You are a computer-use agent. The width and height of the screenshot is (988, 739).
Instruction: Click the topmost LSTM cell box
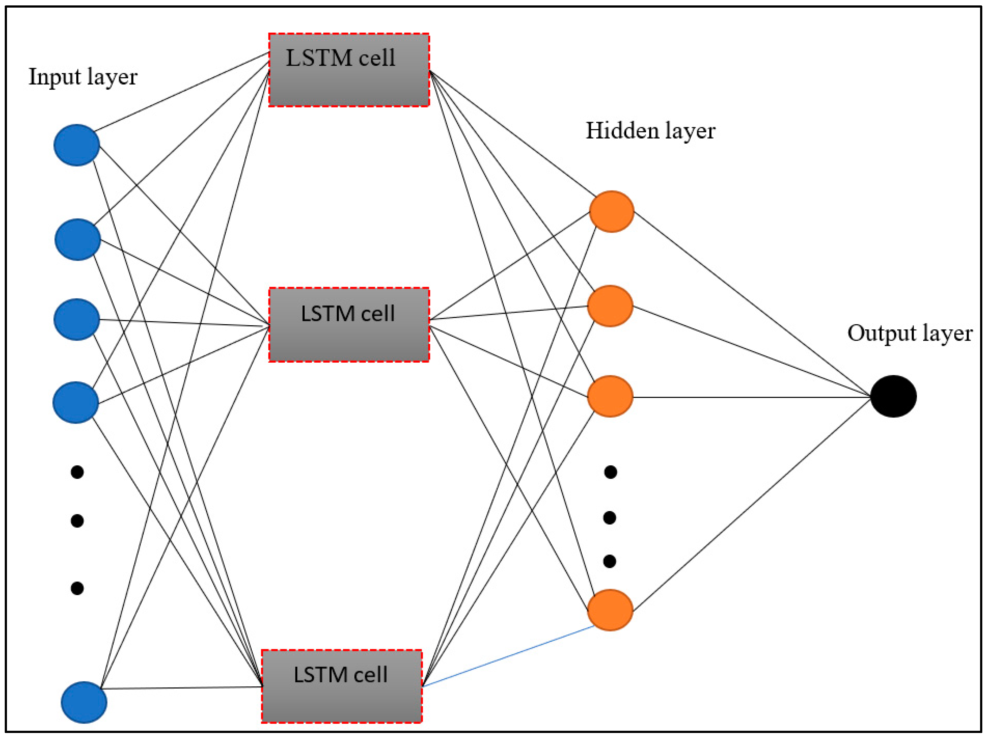coord(349,70)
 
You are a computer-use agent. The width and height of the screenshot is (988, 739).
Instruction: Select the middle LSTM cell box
coord(349,325)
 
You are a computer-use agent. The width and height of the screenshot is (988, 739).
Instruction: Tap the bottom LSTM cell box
coord(342,686)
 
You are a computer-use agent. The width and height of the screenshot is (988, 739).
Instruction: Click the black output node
coord(893,396)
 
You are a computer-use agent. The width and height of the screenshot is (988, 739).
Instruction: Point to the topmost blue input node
coord(76,145)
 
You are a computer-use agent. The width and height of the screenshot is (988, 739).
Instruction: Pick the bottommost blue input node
coord(84,702)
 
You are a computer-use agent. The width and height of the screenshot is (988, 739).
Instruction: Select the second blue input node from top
coord(78,239)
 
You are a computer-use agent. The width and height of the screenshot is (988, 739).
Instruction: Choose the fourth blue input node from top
coord(75,402)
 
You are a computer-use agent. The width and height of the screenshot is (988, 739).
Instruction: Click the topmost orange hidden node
coord(611,211)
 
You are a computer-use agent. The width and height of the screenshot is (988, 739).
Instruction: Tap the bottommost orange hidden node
coord(610,610)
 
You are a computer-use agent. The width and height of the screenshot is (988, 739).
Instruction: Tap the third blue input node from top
coord(76,320)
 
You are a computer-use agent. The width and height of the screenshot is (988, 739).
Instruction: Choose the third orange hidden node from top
coord(610,396)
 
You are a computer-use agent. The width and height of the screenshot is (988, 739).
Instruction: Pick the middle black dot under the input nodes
coord(77,521)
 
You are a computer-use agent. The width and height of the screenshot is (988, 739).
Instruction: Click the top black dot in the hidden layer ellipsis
coord(610,472)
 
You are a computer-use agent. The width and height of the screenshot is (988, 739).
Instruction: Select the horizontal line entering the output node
coord(750,397)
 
